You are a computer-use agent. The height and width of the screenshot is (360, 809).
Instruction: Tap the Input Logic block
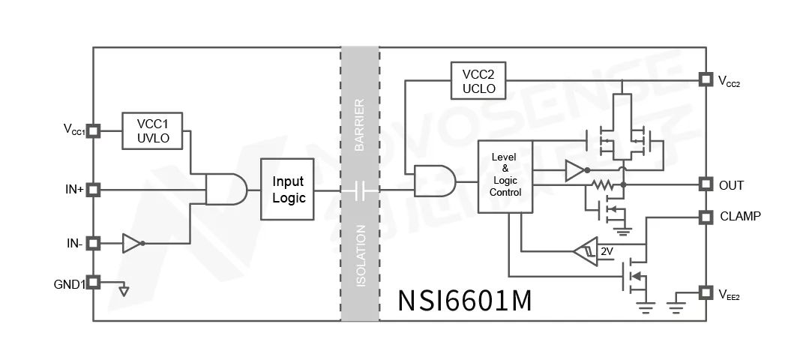287,190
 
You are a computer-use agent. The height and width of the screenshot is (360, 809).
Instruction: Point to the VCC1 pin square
93,130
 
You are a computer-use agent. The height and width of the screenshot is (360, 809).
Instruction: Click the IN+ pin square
93,190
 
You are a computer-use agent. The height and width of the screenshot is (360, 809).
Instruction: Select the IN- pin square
93,243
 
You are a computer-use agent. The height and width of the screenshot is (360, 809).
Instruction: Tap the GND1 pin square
93,283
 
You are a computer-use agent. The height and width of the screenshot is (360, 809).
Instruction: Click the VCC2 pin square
705,79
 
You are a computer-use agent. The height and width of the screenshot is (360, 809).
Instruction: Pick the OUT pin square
705,184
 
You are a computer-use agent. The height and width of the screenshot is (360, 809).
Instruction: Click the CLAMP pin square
705,217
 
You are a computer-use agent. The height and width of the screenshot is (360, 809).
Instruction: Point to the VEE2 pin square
705,292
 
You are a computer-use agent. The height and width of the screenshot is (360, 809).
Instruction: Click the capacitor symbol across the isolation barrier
359,190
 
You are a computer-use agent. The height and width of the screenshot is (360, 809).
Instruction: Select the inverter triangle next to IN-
131,243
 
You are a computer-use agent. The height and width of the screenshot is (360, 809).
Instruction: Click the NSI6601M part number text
465,300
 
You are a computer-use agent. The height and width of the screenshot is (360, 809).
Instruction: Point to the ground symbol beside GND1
124,290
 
